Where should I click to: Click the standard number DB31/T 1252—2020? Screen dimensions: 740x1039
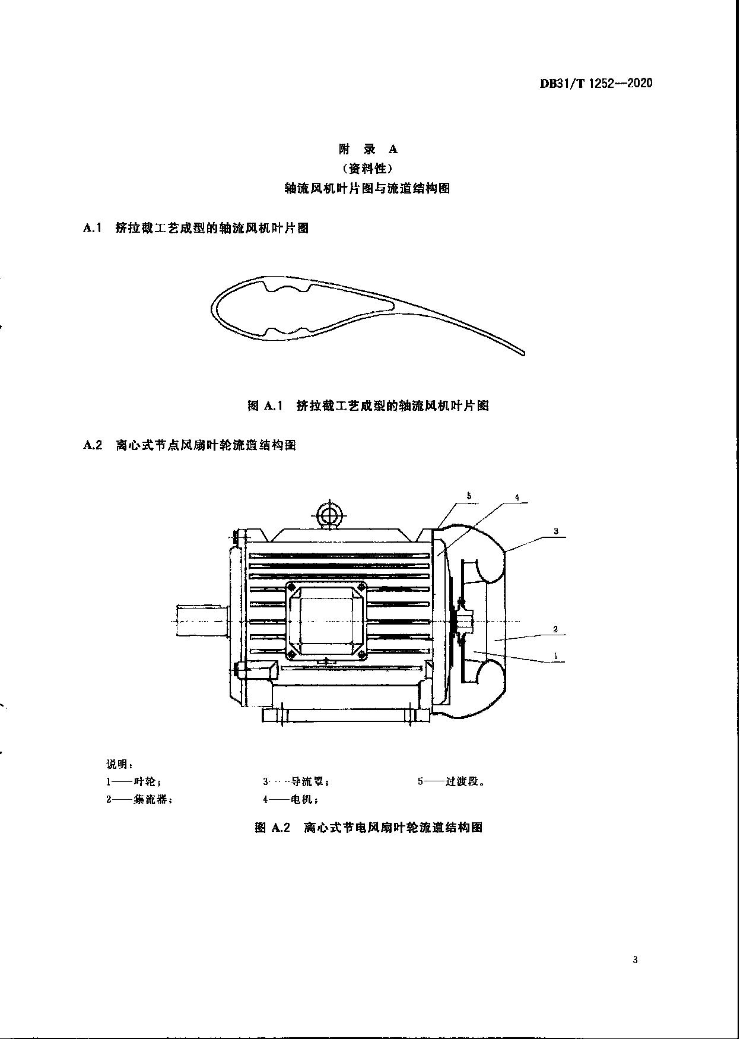(x=596, y=83)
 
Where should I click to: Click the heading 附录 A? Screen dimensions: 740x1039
(x=368, y=149)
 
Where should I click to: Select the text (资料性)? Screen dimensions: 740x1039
(x=368, y=168)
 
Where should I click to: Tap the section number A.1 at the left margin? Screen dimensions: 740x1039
(x=93, y=227)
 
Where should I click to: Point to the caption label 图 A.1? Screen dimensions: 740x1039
(x=263, y=406)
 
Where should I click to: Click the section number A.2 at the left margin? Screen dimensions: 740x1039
(x=93, y=445)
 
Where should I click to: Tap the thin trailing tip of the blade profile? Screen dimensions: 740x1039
(x=523, y=353)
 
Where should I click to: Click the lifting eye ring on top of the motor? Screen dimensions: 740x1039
(x=328, y=512)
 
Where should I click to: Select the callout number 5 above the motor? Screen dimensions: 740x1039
(x=469, y=495)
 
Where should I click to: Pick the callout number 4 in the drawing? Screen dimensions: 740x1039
(x=517, y=498)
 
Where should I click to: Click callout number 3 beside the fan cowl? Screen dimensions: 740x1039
(x=556, y=531)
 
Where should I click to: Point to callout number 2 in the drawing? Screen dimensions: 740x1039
(x=555, y=629)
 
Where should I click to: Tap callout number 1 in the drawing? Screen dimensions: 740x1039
(x=555, y=656)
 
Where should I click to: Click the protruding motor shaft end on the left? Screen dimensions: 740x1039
(x=202, y=620)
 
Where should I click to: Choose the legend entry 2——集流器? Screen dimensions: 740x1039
(x=139, y=799)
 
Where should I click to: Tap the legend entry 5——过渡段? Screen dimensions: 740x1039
(x=452, y=781)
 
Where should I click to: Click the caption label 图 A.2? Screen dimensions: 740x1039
(x=272, y=827)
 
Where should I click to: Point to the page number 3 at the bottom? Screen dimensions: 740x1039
(x=635, y=960)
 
